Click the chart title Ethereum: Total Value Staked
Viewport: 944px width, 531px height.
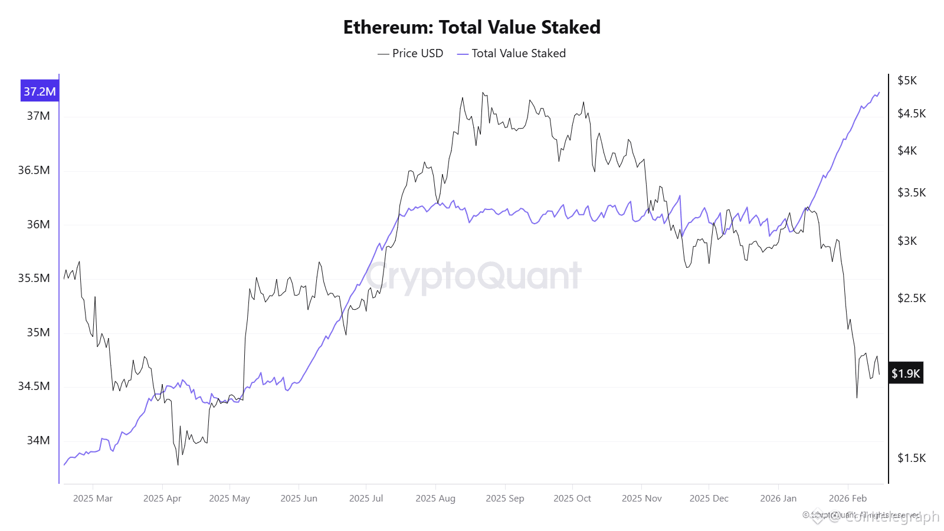[x=471, y=27]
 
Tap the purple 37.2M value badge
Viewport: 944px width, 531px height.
[x=40, y=91]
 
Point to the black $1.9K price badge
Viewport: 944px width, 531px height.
[x=905, y=373]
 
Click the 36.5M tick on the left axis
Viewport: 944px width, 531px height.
[x=34, y=171]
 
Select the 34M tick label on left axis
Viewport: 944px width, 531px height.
[x=38, y=441]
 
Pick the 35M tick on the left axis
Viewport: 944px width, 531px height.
[x=38, y=333]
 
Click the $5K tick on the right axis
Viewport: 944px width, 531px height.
[x=907, y=81]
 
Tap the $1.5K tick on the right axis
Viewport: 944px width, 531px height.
[x=911, y=458]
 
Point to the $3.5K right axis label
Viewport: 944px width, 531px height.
[x=911, y=193]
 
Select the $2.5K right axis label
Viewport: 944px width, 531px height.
[x=911, y=299]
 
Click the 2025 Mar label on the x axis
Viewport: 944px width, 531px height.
[x=93, y=499]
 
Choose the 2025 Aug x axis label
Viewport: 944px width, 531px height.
[x=435, y=499]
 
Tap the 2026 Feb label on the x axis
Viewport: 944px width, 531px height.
[x=847, y=499]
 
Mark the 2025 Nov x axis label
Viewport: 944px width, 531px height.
[x=641, y=499]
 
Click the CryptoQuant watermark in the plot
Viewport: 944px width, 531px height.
[x=474, y=276]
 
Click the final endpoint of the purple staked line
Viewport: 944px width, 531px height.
[x=879, y=92]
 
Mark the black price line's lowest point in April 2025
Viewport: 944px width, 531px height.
[x=178, y=465]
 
